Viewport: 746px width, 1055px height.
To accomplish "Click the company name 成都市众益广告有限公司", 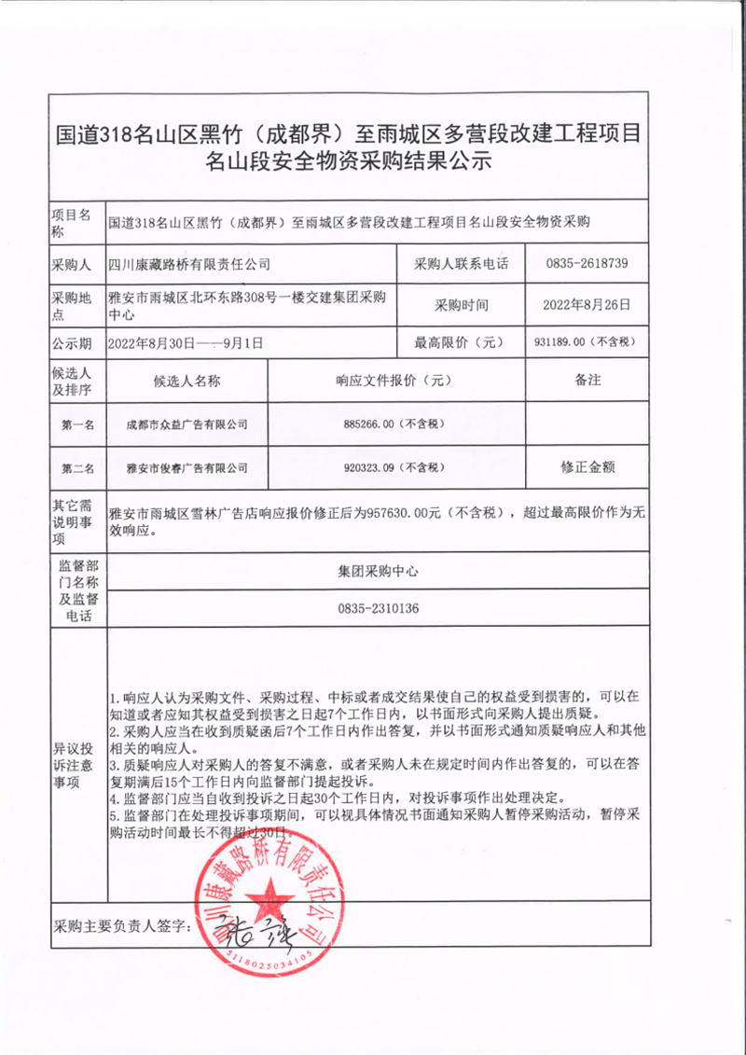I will click(x=187, y=424).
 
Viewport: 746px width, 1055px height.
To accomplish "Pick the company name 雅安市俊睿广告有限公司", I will click(x=187, y=466).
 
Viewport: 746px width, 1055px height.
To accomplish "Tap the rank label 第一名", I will click(x=77, y=425).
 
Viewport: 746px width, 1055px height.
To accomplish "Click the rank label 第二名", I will click(x=77, y=466).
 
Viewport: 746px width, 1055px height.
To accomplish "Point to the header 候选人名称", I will click(x=186, y=381).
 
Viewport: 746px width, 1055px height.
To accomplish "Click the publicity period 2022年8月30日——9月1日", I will click(x=186, y=342).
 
